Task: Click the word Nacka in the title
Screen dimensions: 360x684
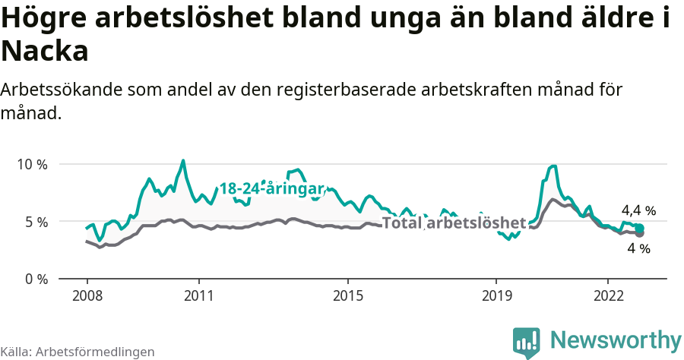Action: tap(45, 52)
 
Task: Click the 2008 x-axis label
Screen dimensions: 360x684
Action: tap(87, 295)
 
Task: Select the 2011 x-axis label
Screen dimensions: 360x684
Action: tap(198, 295)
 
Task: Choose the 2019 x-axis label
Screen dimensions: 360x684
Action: tap(496, 295)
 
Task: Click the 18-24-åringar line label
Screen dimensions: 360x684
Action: tap(271, 188)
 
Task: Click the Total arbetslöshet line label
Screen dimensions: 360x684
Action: tap(454, 223)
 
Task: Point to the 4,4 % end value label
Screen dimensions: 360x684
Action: tap(638, 210)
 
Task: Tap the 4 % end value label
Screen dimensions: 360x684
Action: tap(638, 248)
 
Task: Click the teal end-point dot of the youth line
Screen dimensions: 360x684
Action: tap(640, 229)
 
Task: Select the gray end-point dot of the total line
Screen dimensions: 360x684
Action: tap(640, 233)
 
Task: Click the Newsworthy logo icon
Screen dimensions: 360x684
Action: tap(526, 343)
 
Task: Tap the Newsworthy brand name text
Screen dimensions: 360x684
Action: tap(616, 339)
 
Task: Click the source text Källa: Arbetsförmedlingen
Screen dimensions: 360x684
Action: tap(78, 352)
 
